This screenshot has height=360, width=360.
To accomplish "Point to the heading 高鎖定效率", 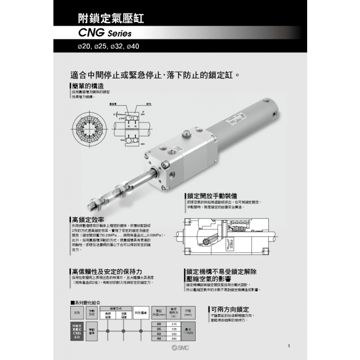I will coord(88,220).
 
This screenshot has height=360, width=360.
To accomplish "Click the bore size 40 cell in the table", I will coord(159,337).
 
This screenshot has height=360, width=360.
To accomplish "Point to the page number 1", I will coord(289,347).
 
